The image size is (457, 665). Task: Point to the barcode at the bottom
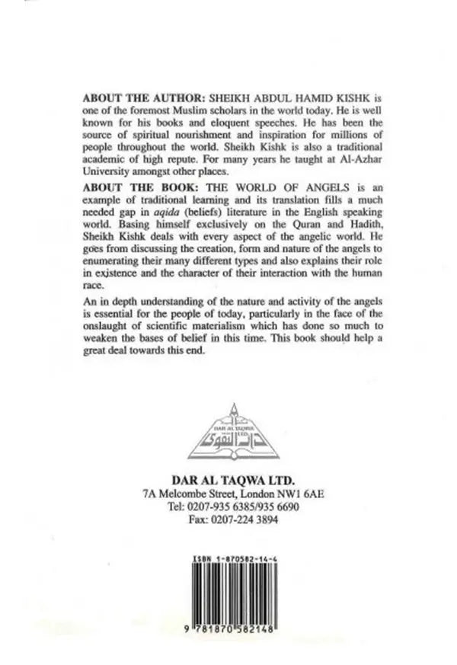(228, 593)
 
